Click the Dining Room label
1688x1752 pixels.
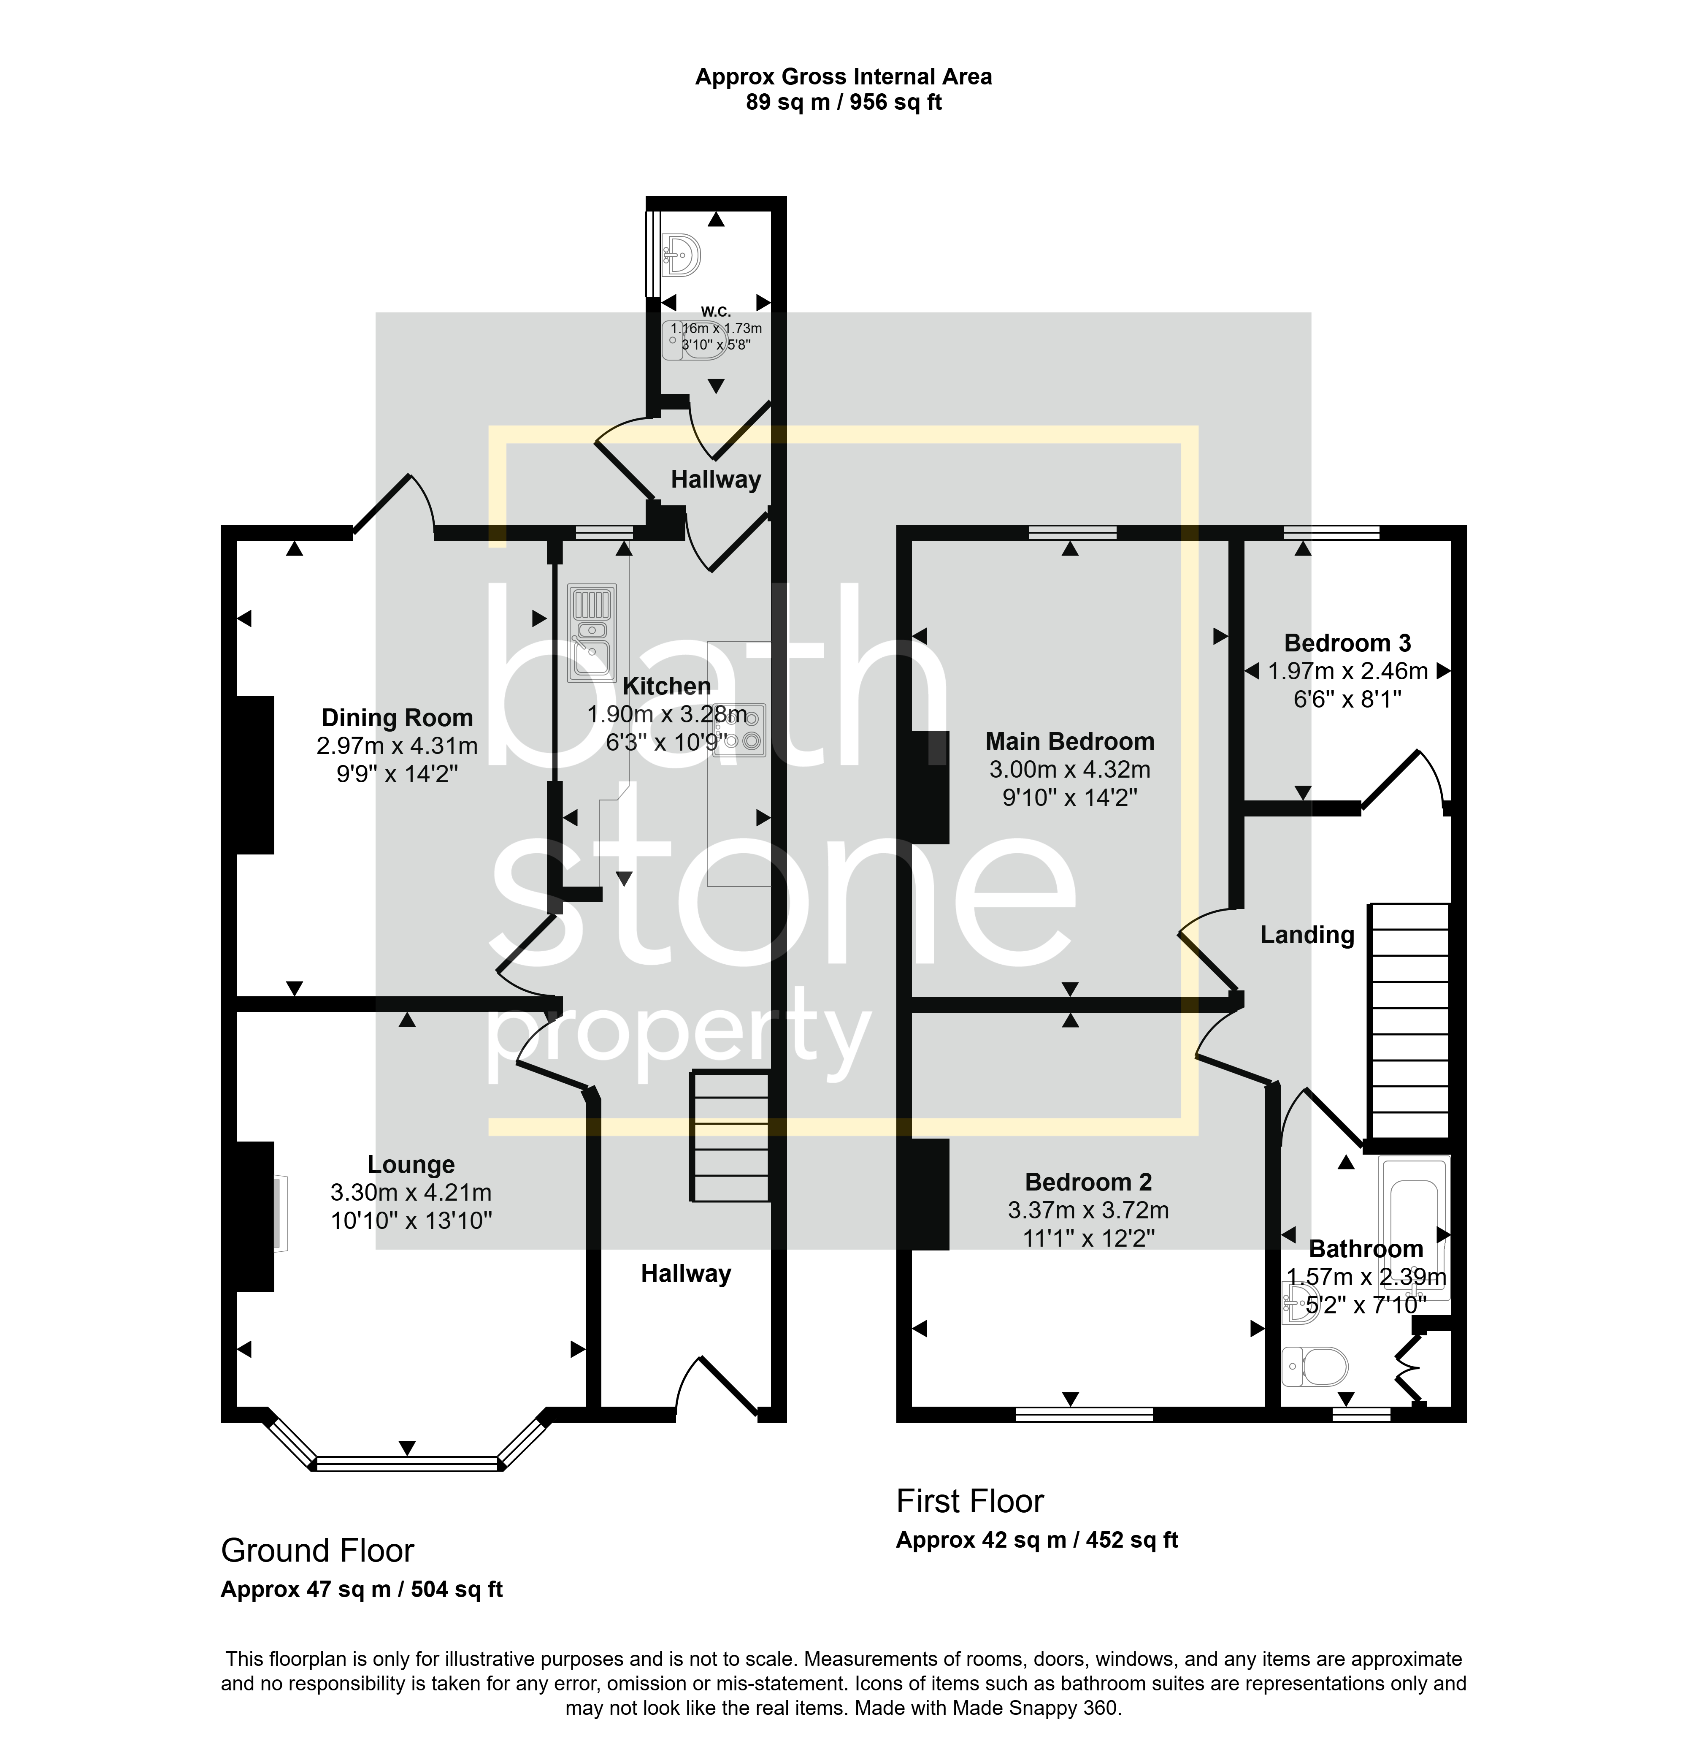(x=397, y=718)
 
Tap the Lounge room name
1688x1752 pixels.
(x=411, y=1165)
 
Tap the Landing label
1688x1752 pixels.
(x=1307, y=935)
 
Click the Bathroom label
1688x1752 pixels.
(x=1366, y=1249)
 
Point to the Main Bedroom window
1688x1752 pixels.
(x=1072, y=533)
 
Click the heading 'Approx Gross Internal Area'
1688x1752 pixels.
(x=844, y=77)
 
